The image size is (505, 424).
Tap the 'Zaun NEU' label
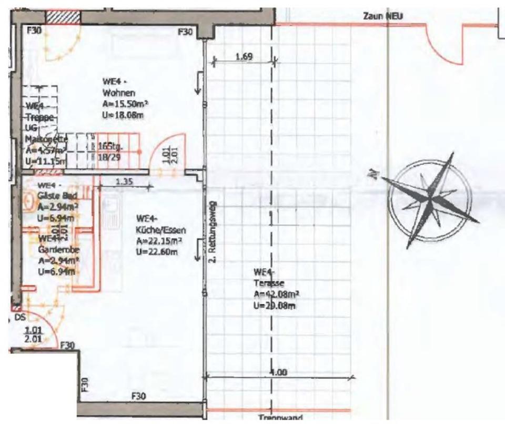pos(382,17)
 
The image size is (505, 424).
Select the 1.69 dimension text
pos(243,57)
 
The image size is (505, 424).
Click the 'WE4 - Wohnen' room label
pos(116,86)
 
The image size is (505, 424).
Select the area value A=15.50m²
pos(123,105)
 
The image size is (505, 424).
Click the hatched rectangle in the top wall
pos(63,16)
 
